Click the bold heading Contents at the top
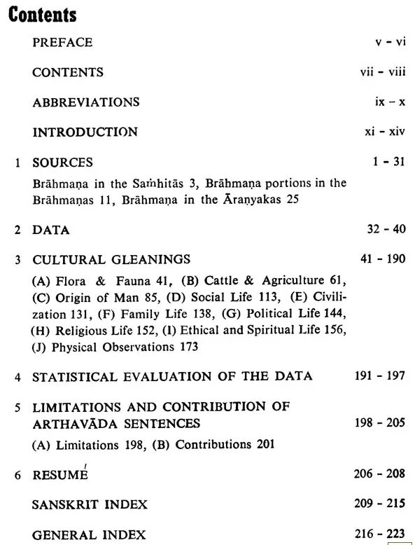tap(42, 14)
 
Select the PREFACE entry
tap(62, 42)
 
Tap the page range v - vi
tap(391, 42)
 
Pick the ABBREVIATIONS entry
tap(86, 102)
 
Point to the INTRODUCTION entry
tap(85, 132)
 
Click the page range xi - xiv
tap(385, 132)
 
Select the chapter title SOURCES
tap(62, 163)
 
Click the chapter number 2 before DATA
tap(18, 230)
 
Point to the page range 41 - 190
tap(383, 259)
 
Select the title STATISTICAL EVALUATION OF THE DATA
tap(172, 376)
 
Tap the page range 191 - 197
tap(380, 376)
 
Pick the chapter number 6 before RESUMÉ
tap(18, 475)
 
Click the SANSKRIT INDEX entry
tap(90, 504)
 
